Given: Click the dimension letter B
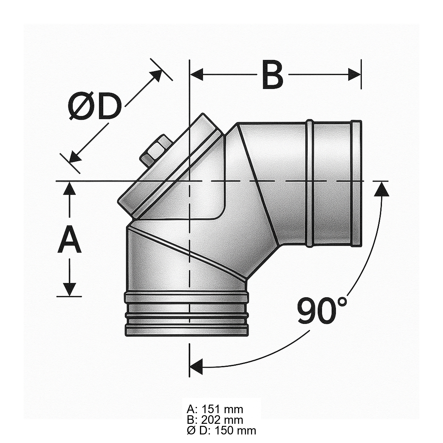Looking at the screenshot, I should click(272, 75).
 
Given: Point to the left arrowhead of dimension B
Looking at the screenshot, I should click(196, 74).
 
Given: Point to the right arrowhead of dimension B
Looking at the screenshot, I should click(354, 74).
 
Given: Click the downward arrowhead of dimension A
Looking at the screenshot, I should click(70, 289).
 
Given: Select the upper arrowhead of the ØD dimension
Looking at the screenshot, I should click(157, 76).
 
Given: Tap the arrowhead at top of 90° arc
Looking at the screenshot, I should click(382, 189).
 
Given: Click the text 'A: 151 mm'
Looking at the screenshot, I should click(215, 409).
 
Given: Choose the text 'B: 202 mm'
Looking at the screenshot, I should click(215, 420).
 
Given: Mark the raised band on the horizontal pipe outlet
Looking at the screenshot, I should click(309, 183).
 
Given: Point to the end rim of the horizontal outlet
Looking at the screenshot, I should click(356, 183).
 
